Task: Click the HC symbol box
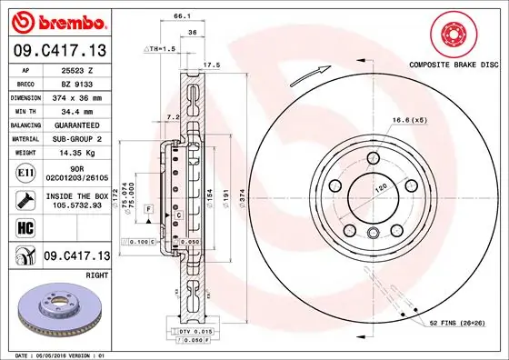(26, 227)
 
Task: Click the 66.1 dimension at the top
(181, 15)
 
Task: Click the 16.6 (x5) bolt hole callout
(410, 120)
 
